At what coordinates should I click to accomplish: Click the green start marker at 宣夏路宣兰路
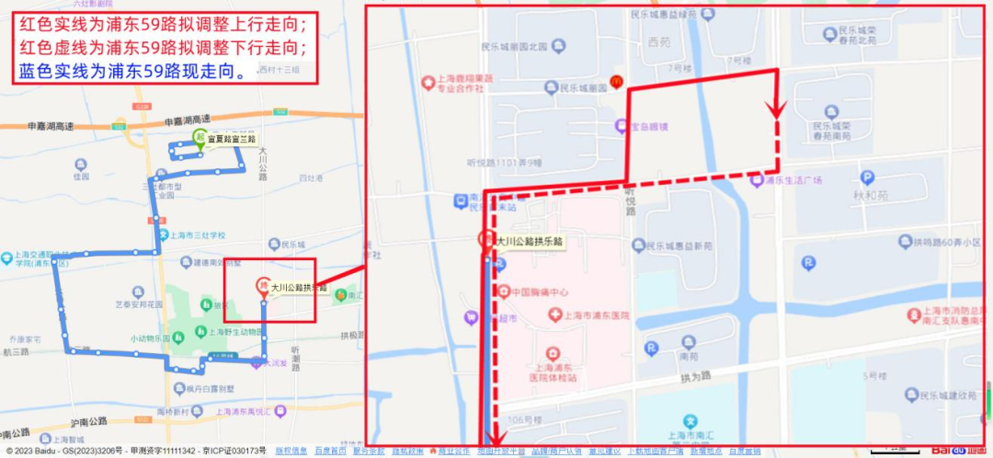click(x=199, y=139)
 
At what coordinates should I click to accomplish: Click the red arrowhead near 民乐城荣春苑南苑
click(x=777, y=109)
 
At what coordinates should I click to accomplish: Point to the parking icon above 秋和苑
click(x=866, y=178)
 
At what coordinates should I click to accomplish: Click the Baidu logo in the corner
click(x=961, y=451)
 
